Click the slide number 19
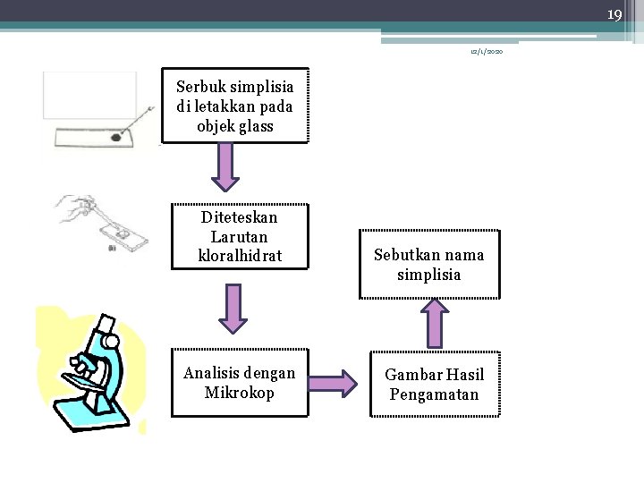coord(614,14)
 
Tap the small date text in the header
coord(487,54)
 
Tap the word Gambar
coord(412,376)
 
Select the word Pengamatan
coord(433,394)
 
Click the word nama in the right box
coord(463,255)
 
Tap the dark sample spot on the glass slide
coord(116,137)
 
